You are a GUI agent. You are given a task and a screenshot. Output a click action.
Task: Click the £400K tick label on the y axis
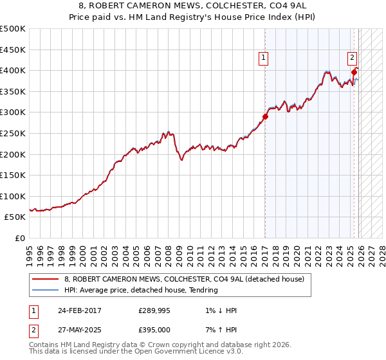pos(13,71)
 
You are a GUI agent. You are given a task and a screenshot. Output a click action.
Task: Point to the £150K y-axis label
pos(13,175)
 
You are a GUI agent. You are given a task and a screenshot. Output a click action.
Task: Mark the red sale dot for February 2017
pos(265,117)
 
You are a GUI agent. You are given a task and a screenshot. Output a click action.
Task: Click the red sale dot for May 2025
pos(354,73)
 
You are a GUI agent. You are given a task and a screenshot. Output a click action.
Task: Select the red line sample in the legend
pos(45,279)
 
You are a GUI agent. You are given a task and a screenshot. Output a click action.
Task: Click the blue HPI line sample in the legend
pos(45,290)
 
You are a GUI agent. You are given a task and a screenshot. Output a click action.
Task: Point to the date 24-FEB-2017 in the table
pos(80,310)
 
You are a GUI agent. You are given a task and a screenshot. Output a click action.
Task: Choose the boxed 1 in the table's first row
pos(33,310)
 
